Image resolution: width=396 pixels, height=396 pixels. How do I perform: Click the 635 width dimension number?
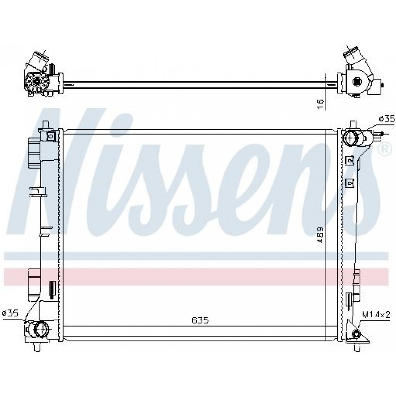click(200, 320)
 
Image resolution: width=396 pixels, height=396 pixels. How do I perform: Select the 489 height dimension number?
click(320, 235)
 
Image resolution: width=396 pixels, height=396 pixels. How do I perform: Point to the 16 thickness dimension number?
click(320, 104)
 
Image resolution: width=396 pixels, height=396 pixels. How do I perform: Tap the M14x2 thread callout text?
click(376, 315)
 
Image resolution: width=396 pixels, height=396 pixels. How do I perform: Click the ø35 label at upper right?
click(387, 119)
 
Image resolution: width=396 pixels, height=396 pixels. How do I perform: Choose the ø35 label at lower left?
click(10, 313)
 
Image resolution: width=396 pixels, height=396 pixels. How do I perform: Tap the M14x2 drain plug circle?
click(356, 334)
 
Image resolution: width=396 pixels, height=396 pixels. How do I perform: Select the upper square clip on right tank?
click(349, 160)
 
